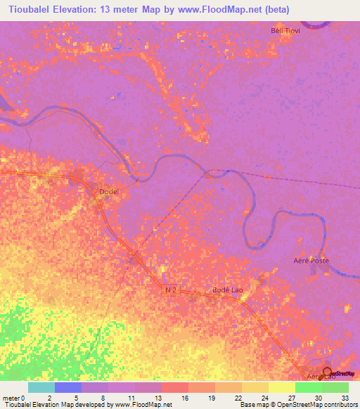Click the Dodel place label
tap(109, 191)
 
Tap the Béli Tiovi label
tap(285, 30)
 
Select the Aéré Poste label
tap(311, 261)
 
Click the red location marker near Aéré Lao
tap(328, 372)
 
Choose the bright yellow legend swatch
tap(281, 387)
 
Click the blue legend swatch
tap(67, 387)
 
